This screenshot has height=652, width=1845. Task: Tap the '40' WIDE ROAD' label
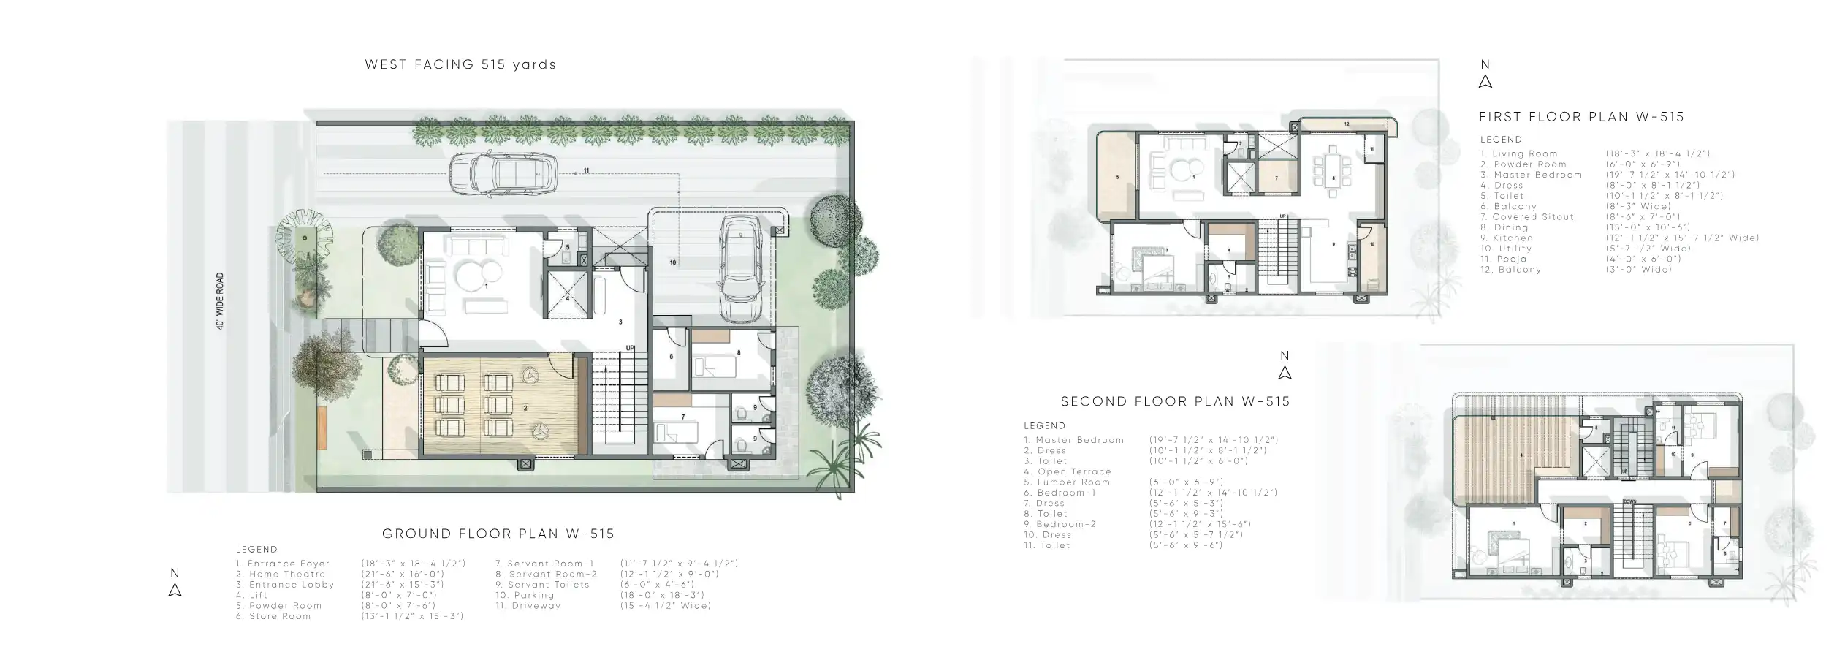(x=220, y=301)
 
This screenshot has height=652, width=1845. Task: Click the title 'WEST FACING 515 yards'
(x=460, y=64)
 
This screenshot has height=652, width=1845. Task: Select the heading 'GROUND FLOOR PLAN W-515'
(x=498, y=534)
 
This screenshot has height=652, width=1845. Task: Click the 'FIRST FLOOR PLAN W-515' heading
(x=1581, y=117)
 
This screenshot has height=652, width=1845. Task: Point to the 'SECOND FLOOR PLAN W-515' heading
(x=1175, y=401)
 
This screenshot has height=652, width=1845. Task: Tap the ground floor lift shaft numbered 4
(x=568, y=295)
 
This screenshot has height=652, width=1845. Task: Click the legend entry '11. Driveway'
(x=528, y=605)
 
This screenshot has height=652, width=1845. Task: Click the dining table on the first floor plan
(x=1334, y=175)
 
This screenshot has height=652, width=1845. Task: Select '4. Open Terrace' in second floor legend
(x=1068, y=471)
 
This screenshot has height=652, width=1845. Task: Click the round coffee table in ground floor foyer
(x=479, y=274)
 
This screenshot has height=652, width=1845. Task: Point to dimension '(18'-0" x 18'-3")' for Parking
(x=661, y=595)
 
